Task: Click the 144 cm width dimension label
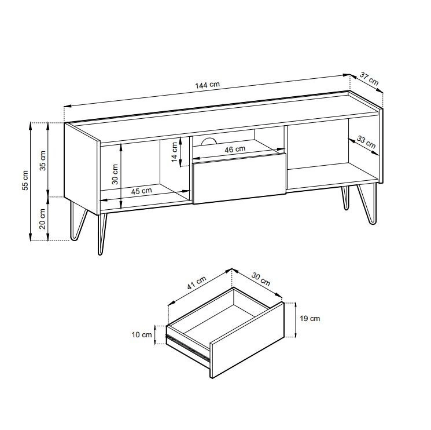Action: click(207, 85)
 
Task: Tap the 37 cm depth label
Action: click(369, 79)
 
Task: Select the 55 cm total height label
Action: click(25, 181)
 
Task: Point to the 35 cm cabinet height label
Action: click(43, 161)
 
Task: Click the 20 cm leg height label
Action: click(42, 219)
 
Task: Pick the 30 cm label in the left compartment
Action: click(115, 174)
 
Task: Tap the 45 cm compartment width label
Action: click(141, 191)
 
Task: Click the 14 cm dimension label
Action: click(175, 152)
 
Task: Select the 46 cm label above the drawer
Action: click(235, 149)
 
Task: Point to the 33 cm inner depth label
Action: click(366, 142)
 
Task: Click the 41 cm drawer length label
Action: click(197, 283)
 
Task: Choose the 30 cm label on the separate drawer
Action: click(260, 279)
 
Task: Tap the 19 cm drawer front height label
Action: click(310, 319)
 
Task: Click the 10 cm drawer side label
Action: click(142, 335)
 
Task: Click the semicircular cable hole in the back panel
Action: click(209, 141)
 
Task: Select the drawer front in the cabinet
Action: click(240, 178)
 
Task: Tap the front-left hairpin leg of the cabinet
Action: click(102, 234)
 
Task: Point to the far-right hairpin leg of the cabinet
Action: click(367, 204)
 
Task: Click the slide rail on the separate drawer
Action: click(188, 348)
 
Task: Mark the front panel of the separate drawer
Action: click(247, 340)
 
